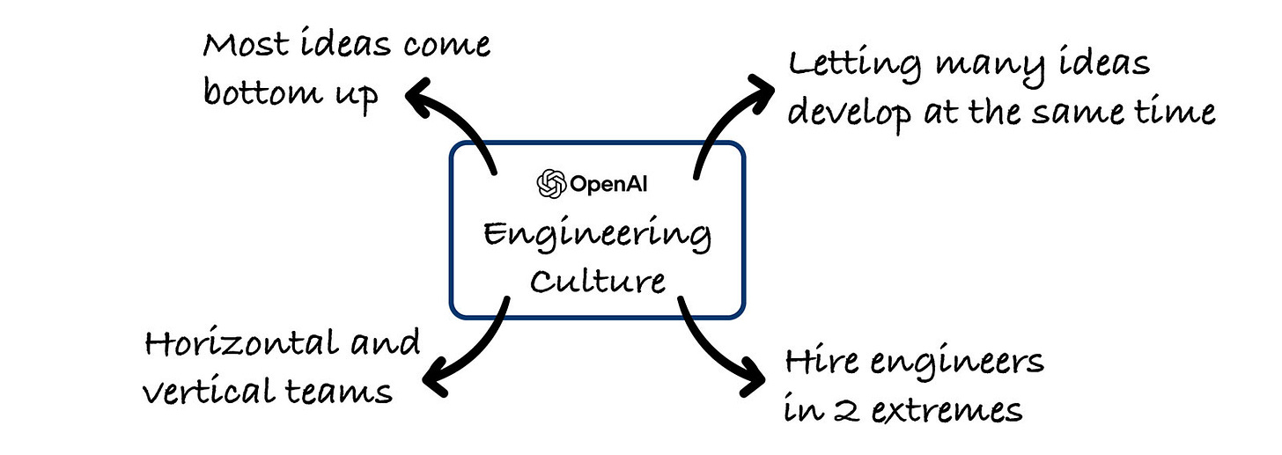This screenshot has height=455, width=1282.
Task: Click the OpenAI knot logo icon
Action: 552,184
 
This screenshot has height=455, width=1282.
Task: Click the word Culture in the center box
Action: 599,281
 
